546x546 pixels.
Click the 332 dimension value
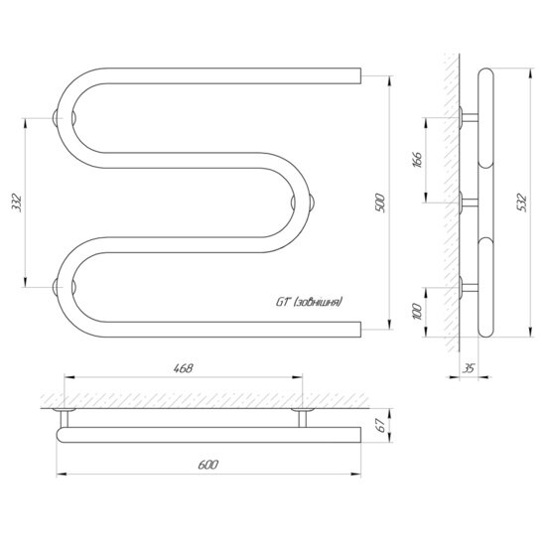tap(17, 203)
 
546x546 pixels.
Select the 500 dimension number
tap(380, 203)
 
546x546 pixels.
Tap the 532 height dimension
tap(522, 203)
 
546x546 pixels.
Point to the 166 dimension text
tap(418, 160)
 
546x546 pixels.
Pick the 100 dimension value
tap(417, 312)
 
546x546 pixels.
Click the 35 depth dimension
tap(469, 368)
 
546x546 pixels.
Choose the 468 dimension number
tap(184, 368)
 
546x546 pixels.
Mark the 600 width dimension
tap(208, 465)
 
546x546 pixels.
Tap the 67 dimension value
tap(381, 425)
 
